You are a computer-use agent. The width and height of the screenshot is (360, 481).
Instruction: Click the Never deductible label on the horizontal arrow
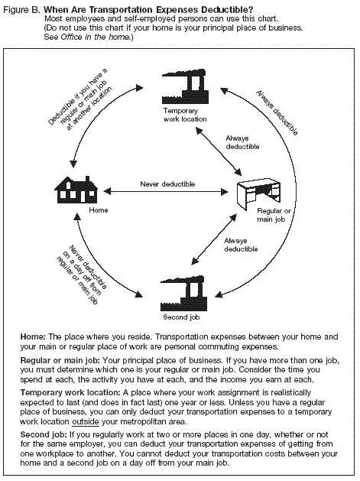tap(167, 184)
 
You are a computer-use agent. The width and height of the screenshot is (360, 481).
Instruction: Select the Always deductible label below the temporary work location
tap(241, 143)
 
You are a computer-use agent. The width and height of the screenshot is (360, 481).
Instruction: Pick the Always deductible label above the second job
tap(241, 245)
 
